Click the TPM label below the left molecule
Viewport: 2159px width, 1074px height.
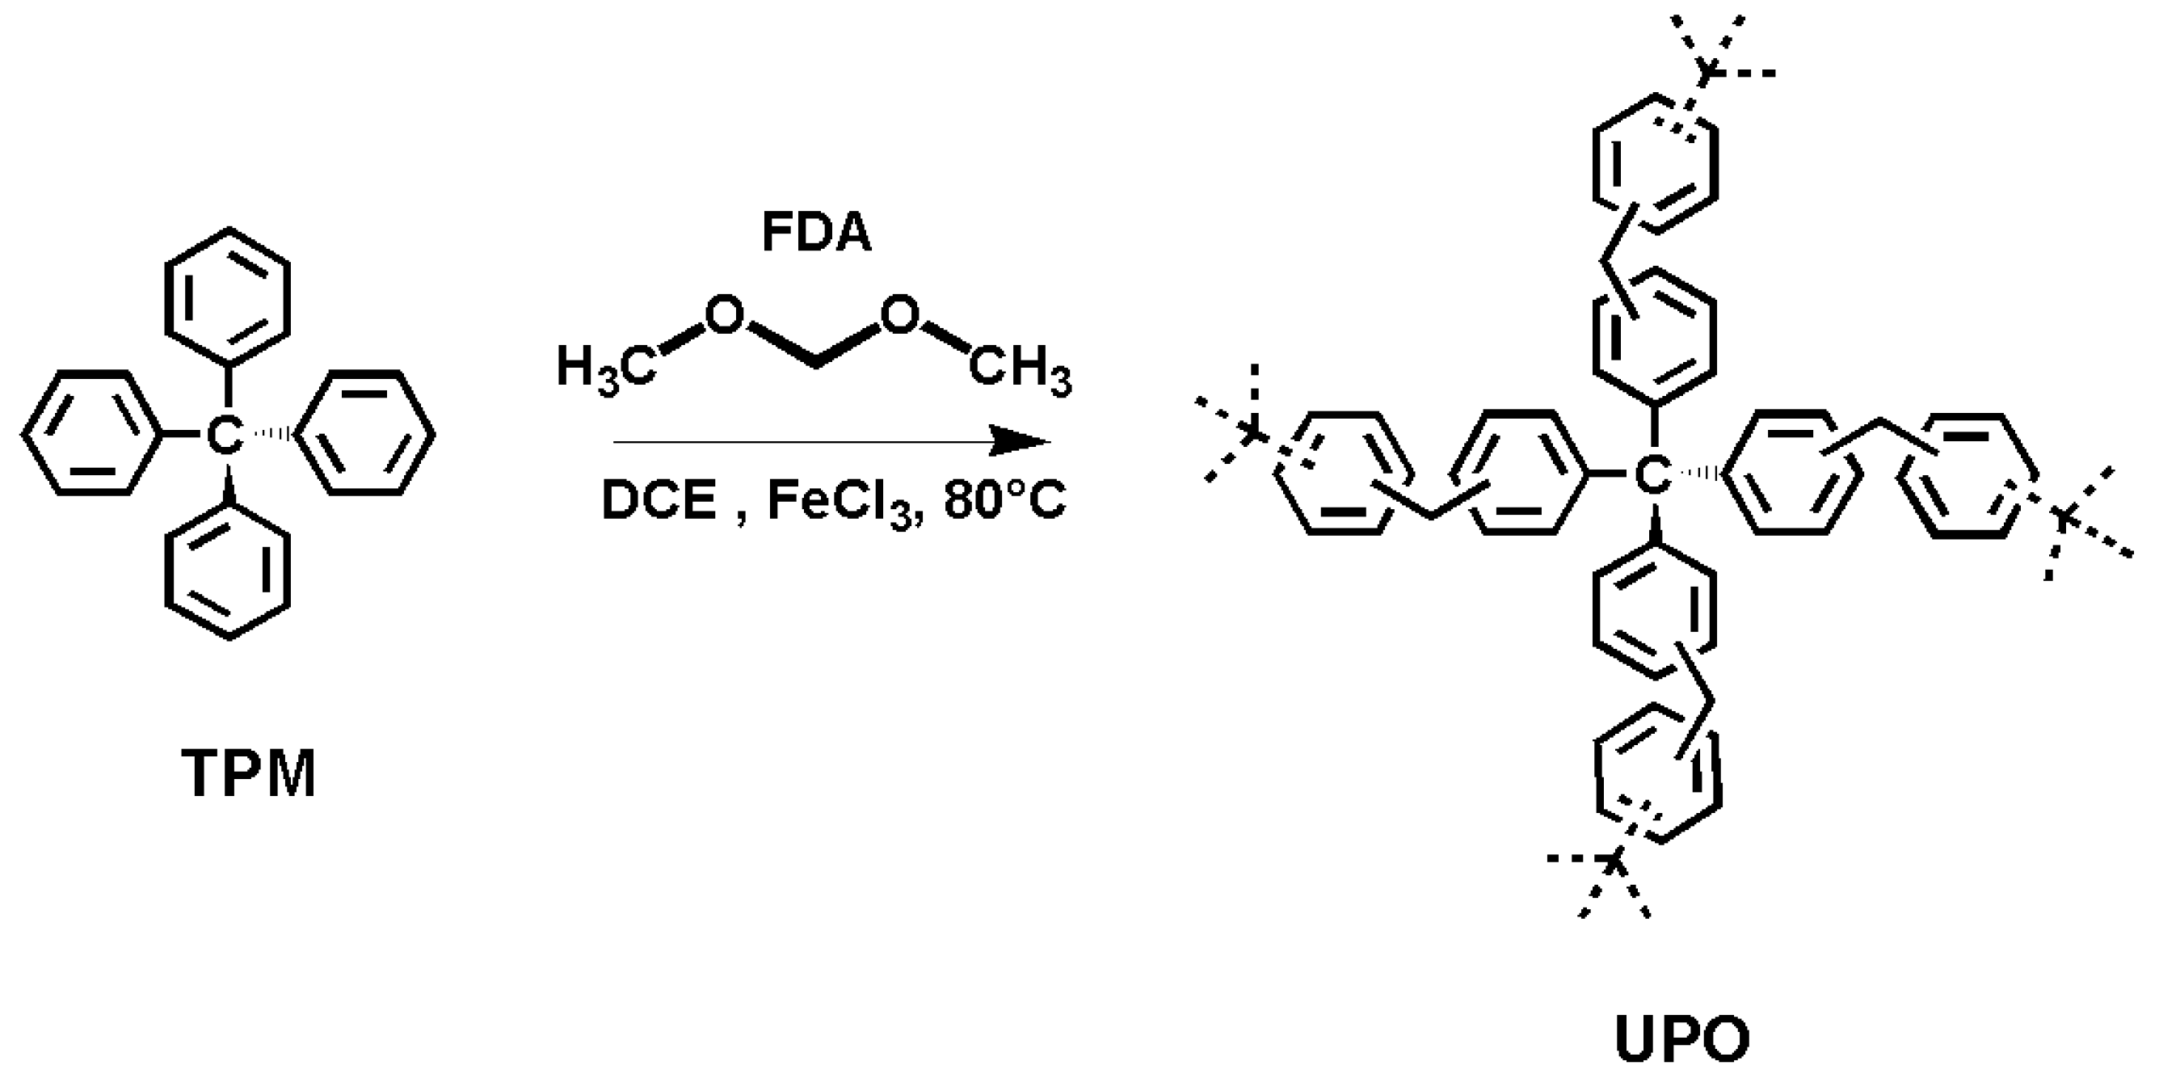tap(249, 775)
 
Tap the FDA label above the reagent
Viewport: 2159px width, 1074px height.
tap(816, 232)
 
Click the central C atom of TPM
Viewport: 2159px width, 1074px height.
tap(225, 434)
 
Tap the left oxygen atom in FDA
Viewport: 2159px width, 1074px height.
tap(723, 315)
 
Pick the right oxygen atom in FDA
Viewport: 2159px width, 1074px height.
tap(901, 315)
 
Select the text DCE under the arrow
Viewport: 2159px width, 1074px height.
tap(659, 501)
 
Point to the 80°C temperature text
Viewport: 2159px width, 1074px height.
tap(1004, 501)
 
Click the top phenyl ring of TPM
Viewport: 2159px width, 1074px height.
tap(228, 296)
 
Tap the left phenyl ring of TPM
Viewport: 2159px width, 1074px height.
tap(90, 433)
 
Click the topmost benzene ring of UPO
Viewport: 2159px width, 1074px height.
tap(1656, 164)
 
